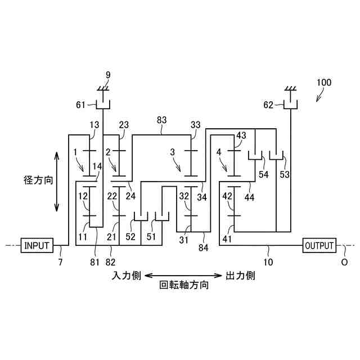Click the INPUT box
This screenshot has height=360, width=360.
point(37,245)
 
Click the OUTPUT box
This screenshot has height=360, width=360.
point(319,245)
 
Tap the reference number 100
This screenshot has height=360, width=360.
point(324,82)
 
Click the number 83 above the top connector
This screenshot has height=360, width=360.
point(162,120)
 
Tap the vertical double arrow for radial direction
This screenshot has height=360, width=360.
point(57,180)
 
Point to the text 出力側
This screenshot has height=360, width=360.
point(241,276)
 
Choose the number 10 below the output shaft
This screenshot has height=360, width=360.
point(268,263)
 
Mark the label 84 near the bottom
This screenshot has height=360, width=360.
point(204,247)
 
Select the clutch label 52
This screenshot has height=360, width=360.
point(130,237)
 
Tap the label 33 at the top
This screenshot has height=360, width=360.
point(196,125)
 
